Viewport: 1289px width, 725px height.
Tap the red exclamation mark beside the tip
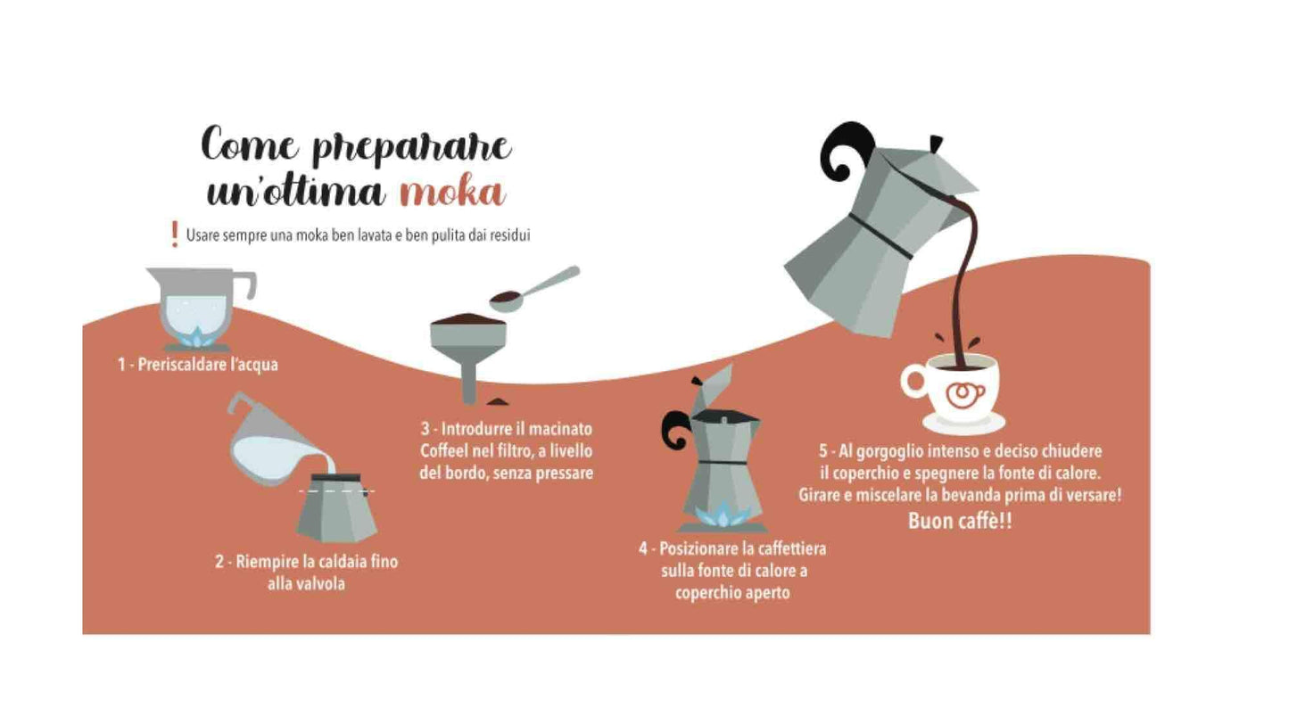click(174, 235)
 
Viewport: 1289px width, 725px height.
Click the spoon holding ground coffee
click(533, 290)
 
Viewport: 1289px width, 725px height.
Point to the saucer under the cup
click(964, 424)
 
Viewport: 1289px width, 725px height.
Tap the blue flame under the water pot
click(197, 337)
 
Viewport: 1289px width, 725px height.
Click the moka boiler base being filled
click(336, 508)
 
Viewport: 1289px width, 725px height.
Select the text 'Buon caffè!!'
click(959, 522)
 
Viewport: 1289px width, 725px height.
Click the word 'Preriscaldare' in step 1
click(181, 365)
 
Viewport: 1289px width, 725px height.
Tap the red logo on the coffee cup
click(965, 395)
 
